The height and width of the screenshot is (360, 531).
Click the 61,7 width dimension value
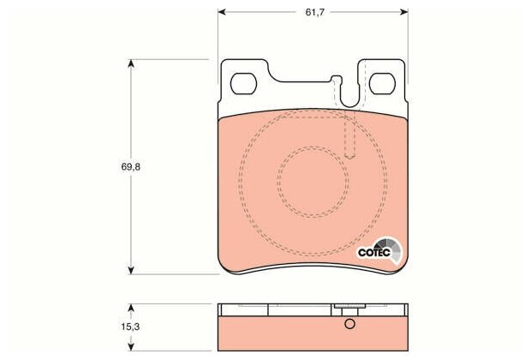(x=315, y=13)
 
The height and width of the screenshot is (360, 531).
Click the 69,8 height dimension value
(x=131, y=167)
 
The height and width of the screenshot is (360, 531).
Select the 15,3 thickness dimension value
(x=130, y=327)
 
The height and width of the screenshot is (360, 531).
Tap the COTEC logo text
(x=374, y=253)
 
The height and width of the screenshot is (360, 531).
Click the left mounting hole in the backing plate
(x=243, y=84)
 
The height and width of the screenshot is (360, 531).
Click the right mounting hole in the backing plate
(x=382, y=84)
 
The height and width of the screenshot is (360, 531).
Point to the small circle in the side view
(x=349, y=324)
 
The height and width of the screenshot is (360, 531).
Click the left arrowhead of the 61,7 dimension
(x=222, y=12)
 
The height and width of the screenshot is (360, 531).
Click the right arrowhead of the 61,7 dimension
(x=404, y=12)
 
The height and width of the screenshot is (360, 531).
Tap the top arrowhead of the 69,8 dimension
(x=131, y=63)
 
